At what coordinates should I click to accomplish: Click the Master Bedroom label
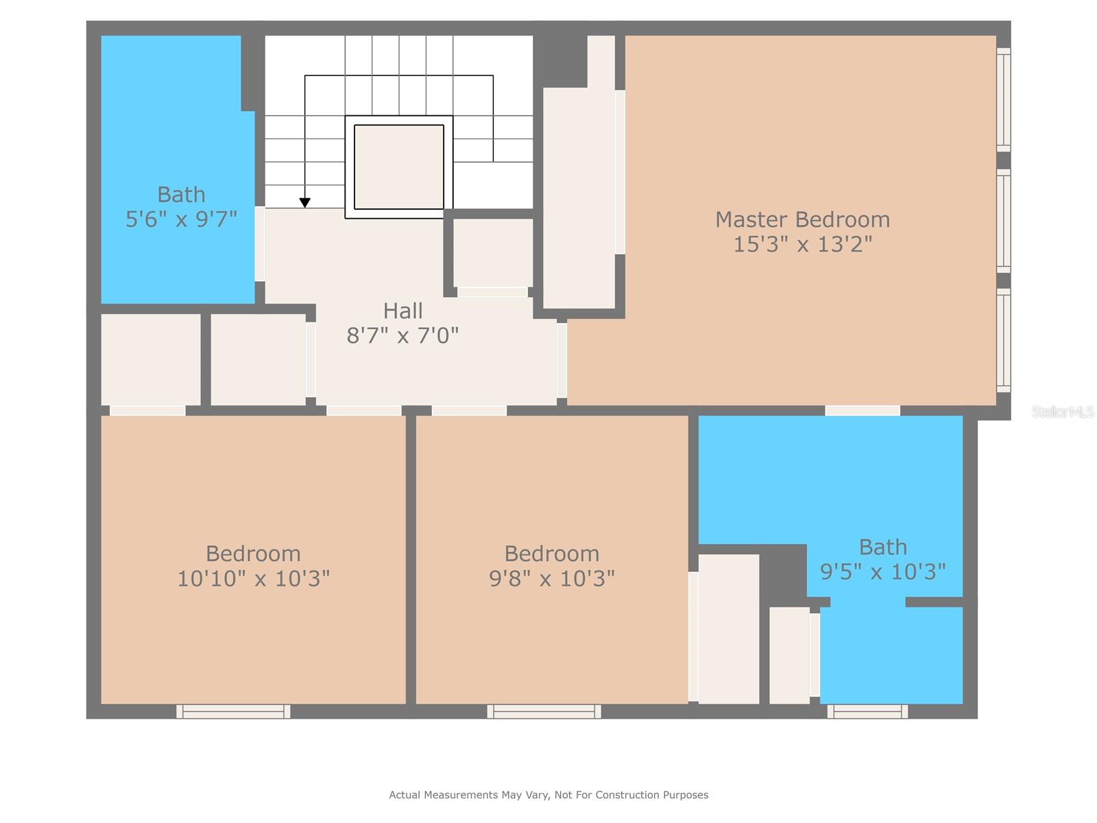802,219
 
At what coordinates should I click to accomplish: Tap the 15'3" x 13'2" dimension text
802,244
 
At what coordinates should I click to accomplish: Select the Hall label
403,311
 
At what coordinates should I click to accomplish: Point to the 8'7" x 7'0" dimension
403,335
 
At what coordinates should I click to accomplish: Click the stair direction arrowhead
305,202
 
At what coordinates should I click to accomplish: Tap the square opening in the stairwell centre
399,167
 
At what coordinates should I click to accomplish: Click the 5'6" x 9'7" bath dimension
181,219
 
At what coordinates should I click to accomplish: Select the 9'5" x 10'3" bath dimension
882,572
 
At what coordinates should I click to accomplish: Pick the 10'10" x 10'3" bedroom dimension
254,579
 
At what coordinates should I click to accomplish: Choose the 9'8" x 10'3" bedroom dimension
552,579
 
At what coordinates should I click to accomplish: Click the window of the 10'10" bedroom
233,711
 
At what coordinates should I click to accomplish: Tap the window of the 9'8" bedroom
544,711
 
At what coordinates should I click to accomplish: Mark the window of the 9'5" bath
867,711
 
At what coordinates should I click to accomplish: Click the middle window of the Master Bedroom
1004,221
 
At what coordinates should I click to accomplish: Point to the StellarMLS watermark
1063,411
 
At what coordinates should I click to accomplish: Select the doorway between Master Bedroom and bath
863,410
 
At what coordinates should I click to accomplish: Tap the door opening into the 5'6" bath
260,244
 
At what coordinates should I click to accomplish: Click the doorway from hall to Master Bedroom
562,360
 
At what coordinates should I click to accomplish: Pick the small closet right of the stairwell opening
493,252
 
